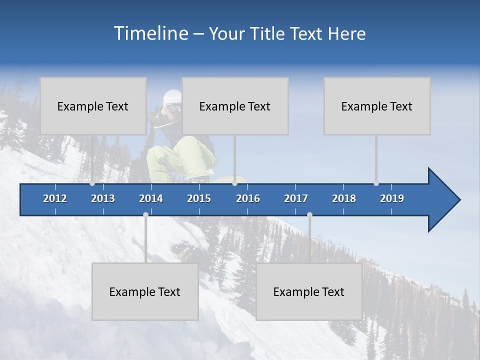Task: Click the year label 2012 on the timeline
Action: tap(55, 198)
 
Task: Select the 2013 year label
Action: tap(103, 198)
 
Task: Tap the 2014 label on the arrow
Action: tap(151, 198)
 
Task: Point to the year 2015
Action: tap(199, 198)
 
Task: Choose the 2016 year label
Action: tap(248, 198)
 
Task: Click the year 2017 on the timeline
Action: tap(296, 198)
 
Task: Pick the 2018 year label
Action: tap(344, 198)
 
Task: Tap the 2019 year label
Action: tap(392, 198)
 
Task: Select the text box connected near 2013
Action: tap(93, 106)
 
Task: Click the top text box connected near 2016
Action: tap(235, 106)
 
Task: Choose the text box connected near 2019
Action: tap(377, 106)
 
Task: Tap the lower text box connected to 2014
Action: tap(145, 291)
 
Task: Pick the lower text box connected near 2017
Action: tap(309, 291)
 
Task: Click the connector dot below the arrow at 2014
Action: tap(145, 214)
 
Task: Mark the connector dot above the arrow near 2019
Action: tap(376, 183)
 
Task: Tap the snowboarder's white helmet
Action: tap(172, 97)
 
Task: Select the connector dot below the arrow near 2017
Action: tap(309, 214)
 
